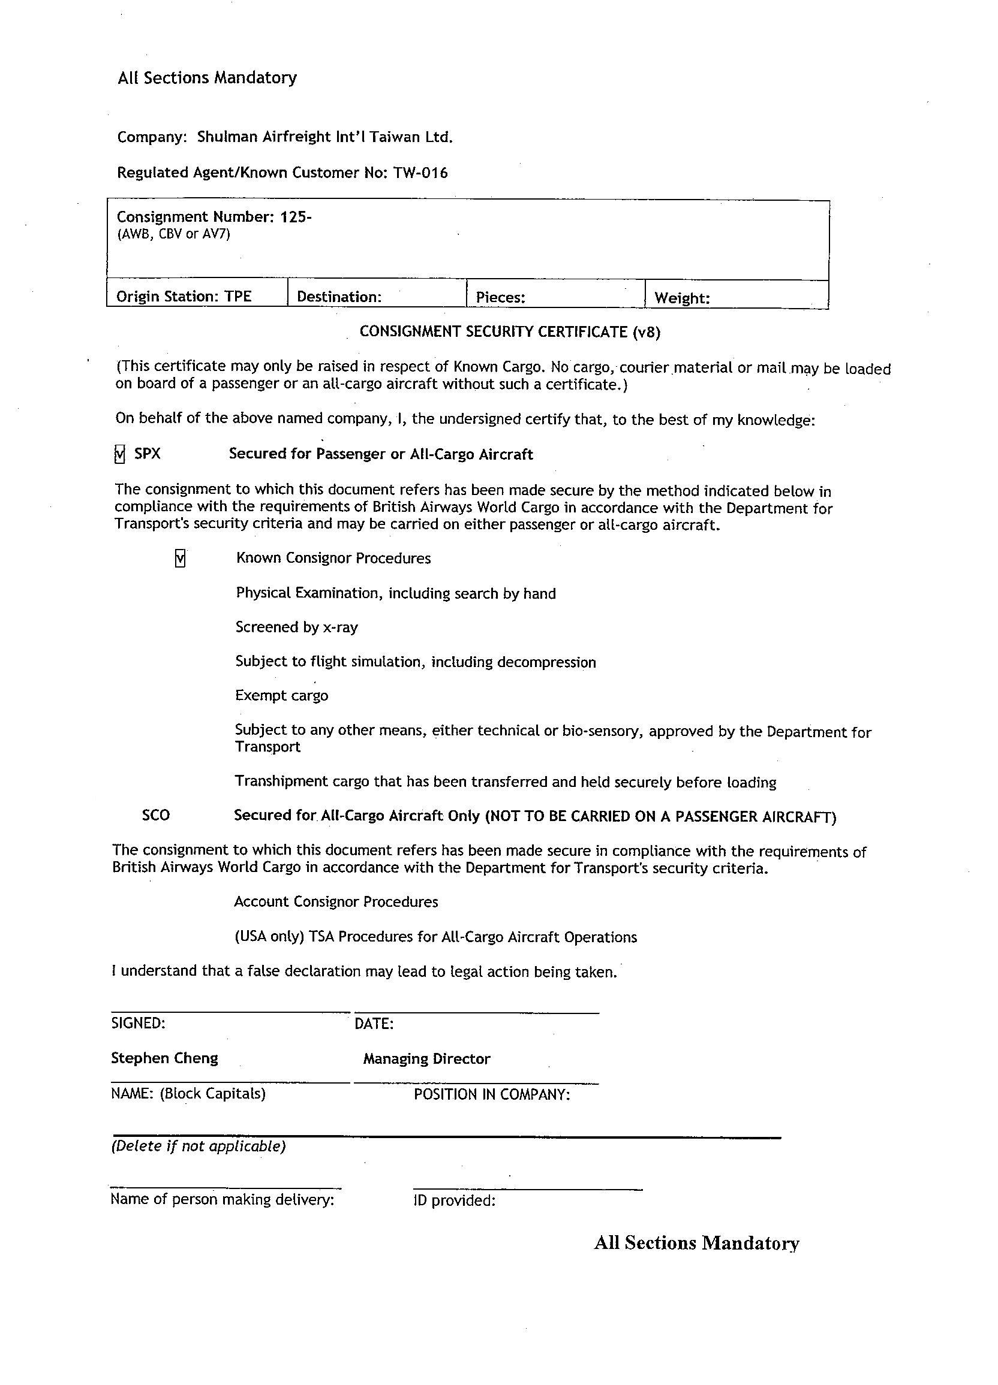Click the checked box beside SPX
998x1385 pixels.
120,454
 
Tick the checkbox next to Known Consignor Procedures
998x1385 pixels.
181,558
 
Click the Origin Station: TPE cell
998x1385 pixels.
184,296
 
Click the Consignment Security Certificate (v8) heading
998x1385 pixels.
510,331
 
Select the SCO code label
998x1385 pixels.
156,815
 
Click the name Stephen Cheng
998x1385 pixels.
164,1058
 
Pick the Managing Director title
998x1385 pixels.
426,1058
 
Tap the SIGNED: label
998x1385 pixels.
138,1023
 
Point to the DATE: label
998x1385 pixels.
374,1024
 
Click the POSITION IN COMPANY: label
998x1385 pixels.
492,1094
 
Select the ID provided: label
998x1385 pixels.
454,1200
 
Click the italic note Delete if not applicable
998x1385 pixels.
198,1146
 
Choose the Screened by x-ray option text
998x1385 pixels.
296,627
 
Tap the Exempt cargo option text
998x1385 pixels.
282,696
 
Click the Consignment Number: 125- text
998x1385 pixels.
214,217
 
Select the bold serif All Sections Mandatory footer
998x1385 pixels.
696,1243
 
